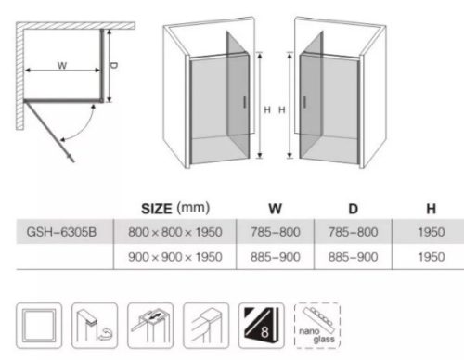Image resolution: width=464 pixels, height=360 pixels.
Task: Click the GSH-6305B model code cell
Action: (x=61, y=232)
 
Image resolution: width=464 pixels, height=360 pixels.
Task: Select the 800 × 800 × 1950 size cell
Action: (x=175, y=232)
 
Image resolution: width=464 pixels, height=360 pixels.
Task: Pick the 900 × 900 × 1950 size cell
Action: (x=175, y=257)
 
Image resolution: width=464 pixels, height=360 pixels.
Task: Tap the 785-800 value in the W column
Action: (x=276, y=232)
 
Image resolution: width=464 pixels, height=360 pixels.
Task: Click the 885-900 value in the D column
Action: (x=353, y=257)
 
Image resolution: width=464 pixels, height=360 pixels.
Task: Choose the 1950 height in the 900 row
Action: (x=432, y=257)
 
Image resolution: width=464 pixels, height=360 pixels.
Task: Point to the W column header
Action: (x=275, y=209)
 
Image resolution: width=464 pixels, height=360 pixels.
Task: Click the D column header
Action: (x=353, y=209)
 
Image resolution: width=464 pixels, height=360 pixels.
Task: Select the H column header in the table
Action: (x=432, y=209)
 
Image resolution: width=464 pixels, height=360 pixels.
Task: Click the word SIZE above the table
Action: (x=156, y=209)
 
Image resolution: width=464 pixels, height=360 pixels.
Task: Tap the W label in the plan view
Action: (x=62, y=65)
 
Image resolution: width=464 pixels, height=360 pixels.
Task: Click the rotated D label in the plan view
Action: (x=114, y=66)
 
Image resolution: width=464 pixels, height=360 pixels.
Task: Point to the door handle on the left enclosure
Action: (x=244, y=102)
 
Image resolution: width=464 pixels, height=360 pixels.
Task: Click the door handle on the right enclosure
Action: (x=304, y=102)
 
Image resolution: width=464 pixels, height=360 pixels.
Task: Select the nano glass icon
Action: (x=317, y=326)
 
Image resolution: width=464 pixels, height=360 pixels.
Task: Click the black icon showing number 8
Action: (x=262, y=326)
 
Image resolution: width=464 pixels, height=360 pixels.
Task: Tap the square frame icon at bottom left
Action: (x=39, y=326)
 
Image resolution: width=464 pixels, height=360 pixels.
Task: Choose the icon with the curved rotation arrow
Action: (x=95, y=326)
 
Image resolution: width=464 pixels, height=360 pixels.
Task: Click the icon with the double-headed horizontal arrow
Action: (x=150, y=326)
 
